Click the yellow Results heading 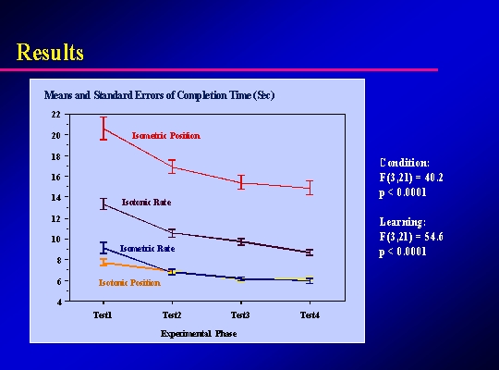50,52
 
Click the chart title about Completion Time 159,95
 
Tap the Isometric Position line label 166,136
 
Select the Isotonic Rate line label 146,203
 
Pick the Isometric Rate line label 147,249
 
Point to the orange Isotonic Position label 129,283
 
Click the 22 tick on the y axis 55,115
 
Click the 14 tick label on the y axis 55,197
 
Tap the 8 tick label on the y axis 57,260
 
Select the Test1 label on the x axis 103,315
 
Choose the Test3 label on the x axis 240,315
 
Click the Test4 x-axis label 310,315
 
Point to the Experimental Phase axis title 199,334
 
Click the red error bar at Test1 103,129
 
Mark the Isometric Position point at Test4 310,188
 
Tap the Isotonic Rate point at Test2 172,233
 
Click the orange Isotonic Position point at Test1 103,264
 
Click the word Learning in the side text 402,222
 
